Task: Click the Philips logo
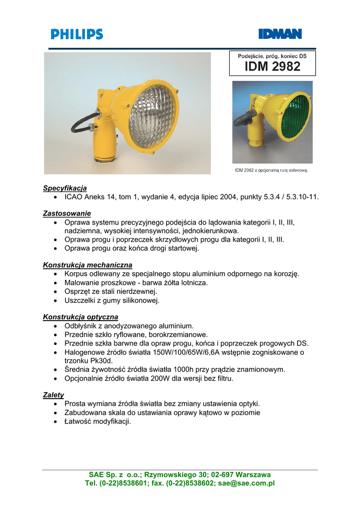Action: point(77,34)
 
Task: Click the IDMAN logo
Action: point(280,34)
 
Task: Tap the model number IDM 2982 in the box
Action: point(272,67)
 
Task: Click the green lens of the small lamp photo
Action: point(294,117)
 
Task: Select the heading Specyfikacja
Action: point(65,188)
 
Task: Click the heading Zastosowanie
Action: point(67,213)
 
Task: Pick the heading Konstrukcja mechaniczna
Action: point(88,265)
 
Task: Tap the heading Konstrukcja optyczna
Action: point(81,317)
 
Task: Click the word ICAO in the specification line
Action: point(74,197)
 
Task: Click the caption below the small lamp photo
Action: point(271,170)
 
